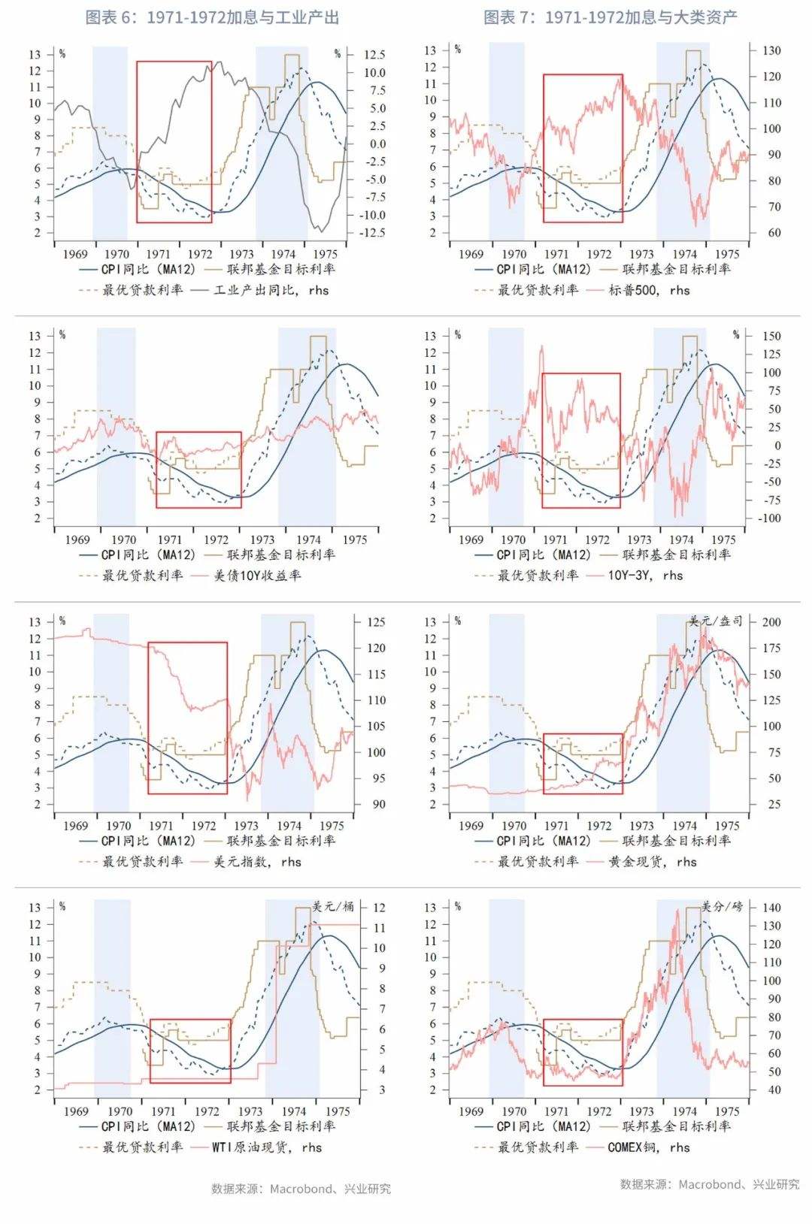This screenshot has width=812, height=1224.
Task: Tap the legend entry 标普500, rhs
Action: tap(649, 290)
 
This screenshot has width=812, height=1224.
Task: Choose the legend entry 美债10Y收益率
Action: tap(257, 576)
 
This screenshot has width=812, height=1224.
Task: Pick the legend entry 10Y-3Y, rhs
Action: tap(645, 576)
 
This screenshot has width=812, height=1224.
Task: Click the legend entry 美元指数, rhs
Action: tap(257, 862)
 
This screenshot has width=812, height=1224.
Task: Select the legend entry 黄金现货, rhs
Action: tap(653, 862)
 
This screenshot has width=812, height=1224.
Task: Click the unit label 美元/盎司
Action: tap(715, 621)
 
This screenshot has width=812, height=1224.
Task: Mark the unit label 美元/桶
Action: tap(333, 906)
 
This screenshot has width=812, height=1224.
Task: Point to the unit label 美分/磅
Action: tap(722, 906)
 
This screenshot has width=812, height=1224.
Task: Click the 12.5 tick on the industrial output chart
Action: tap(374, 55)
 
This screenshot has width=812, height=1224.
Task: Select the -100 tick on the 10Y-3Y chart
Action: tap(769, 518)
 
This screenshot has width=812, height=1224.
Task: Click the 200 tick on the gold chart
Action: tap(771, 622)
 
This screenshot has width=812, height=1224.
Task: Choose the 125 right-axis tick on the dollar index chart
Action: tap(376, 622)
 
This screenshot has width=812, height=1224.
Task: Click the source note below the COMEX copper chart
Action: tap(710, 1184)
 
